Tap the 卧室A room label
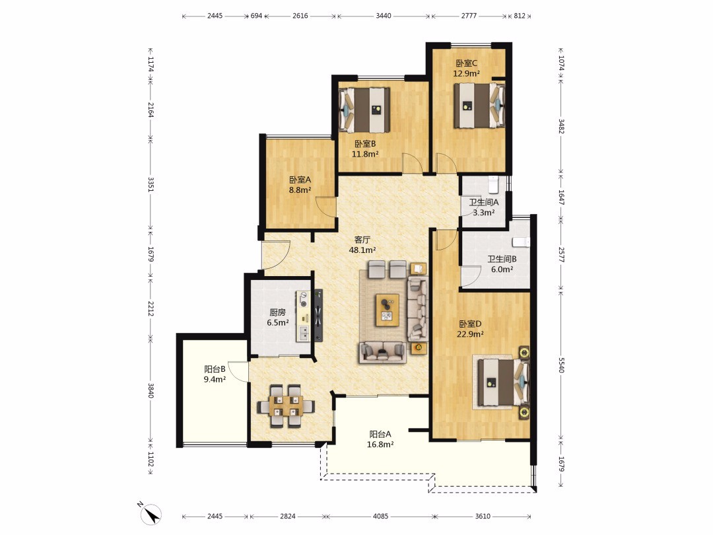[300, 180]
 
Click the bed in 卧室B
[364, 110]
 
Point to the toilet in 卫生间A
[493, 184]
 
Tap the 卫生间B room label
[502, 259]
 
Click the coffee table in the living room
[388, 310]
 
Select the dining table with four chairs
[286, 406]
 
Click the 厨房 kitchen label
[277, 312]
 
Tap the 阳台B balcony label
[215, 369]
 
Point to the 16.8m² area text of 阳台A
[380, 445]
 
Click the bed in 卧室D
[503, 382]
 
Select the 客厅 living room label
[362, 239]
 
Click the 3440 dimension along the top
[384, 15]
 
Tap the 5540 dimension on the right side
[561, 365]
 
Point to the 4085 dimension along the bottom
[381, 516]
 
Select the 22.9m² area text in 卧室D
[470, 334]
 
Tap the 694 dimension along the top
[256, 15]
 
